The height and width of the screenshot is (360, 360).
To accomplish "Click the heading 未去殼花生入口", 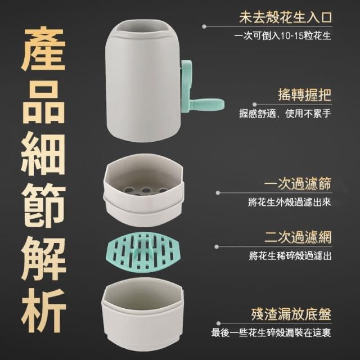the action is pyautogui.click(x=285, y=17).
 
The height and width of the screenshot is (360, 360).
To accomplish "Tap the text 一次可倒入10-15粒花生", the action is pyautogui.click(x=282, y=36).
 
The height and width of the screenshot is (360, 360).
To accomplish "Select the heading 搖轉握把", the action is pyautogui.click(x=305, y=94).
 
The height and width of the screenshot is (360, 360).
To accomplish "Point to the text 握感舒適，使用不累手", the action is pyautogui.click(x=285, y=113).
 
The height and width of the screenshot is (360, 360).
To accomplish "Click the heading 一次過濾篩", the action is pyautogui.click(x=298, y=183).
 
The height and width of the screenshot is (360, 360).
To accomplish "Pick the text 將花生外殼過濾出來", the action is pyautogui.click(x=290, y=202).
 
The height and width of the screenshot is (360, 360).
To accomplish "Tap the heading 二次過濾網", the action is pyautogui.click(x=298, y=237).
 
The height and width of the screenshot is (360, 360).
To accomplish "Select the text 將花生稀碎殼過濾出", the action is pyautogui.click(x=290, y=256).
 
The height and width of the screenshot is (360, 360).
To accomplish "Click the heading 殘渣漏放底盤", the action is pyautogui.click(x=291, y=314).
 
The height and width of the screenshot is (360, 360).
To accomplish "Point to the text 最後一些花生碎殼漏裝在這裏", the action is pyautogui.click(x=271, y=332).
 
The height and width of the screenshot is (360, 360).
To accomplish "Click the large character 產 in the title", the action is pyautogui.click(x=43, y=49).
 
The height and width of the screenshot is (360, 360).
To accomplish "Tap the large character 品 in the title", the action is pyautogui.click(x=43, y=101).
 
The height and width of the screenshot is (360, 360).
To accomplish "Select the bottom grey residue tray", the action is pyautogui.click(x=143, y=315).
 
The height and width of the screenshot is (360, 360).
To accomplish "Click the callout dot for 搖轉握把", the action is pyautogui.click(x=254, y=105).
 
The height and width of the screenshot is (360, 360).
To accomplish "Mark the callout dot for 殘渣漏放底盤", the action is pyautogui.click(x=218, y=323).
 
